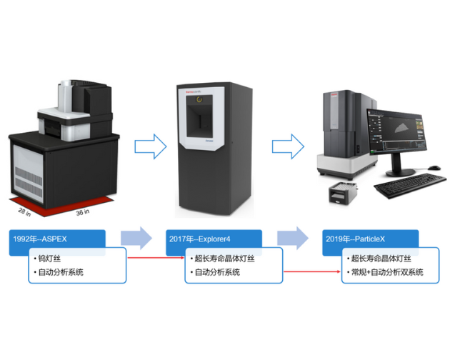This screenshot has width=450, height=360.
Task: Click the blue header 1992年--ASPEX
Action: tap(57, 239)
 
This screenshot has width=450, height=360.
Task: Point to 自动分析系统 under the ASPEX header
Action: tap(65, 272)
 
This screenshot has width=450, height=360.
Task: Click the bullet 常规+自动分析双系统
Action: tap(386, 272)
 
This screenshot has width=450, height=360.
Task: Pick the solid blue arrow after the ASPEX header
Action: tap(136, 238)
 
